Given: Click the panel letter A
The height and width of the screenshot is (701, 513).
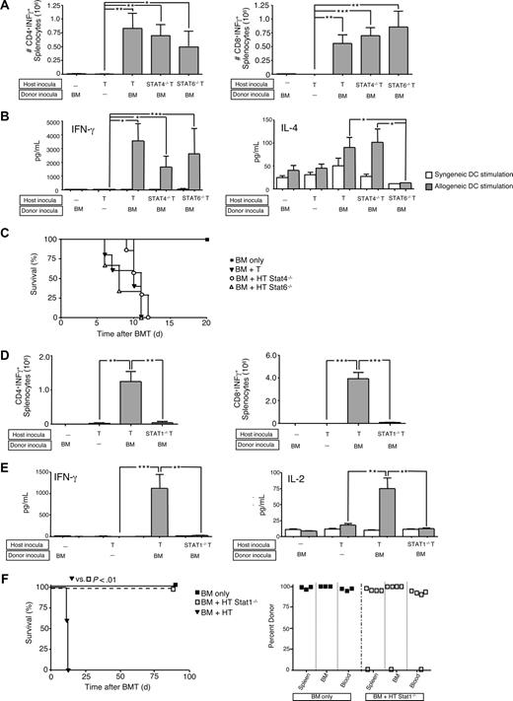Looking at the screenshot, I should pos(7,8).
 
